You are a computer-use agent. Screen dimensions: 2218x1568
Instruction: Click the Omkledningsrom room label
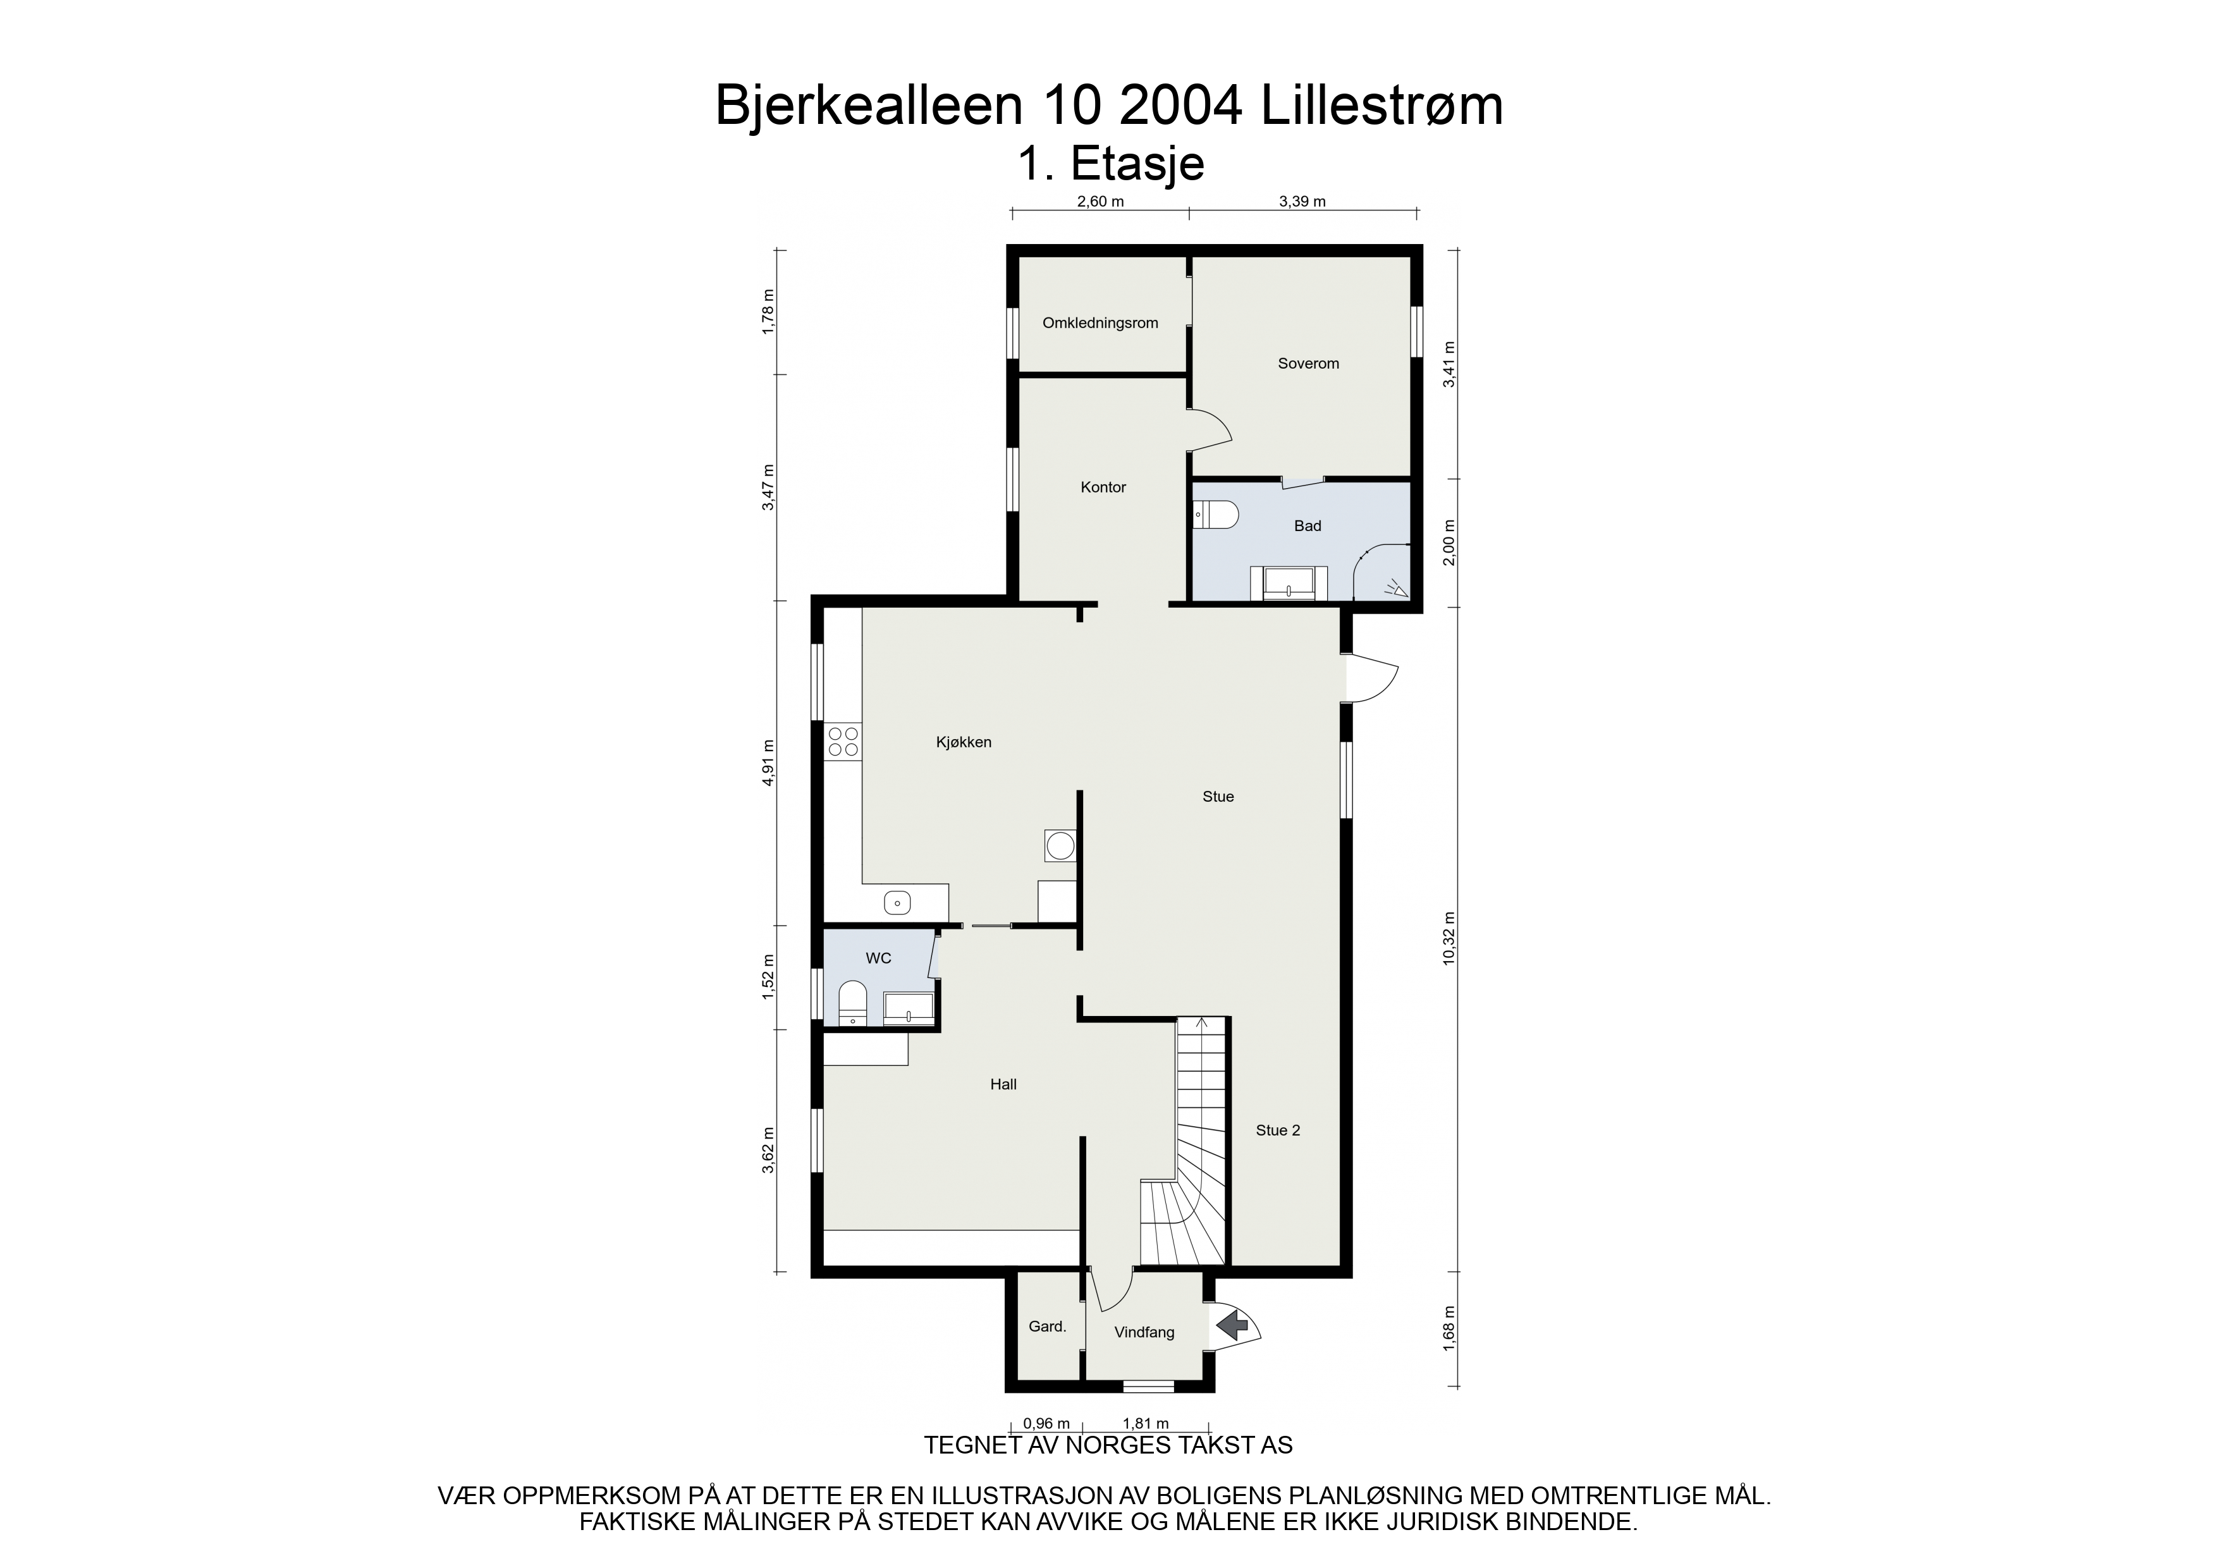pyautogui.click(x=1100, y=322)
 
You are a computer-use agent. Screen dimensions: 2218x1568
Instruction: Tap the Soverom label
pyautogui.click(x=1308, y=364)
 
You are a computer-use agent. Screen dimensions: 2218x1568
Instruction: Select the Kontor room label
pyautogui.click(x=1103, y=487)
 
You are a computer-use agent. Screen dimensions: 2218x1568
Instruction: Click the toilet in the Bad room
pyautogui.click(x=1216, y=515)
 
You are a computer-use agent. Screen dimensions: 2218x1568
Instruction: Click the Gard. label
pyautogui.click(x=1047, y=1326)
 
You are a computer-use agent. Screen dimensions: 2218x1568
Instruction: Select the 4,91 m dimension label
pyautogui.click(x=769, y=763)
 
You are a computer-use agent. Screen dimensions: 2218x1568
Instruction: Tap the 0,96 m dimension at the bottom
pyautogui.click(x=1046, y=1423)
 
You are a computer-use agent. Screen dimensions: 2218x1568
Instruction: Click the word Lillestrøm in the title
pyautogui.click(x=1382, y=106)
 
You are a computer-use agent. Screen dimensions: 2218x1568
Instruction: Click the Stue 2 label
pyautogui.click(x=1278, y=1130)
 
